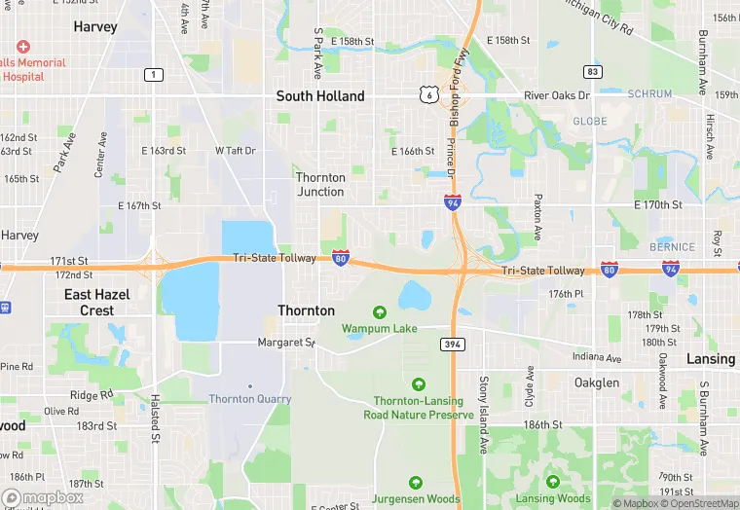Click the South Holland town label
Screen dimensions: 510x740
click(x=320, y=95)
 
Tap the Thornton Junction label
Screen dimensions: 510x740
click(x=320, y=184)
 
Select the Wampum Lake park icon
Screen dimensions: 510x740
click(x=379, y=312)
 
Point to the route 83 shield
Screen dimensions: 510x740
click(x=593, y=72)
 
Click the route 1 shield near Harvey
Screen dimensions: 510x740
click(x=153, y=75)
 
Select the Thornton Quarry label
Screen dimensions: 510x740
click(x=250, y=398)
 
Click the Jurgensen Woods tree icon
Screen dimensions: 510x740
click(x=416, y=483)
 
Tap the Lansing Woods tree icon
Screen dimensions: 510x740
click(x=553, y=483)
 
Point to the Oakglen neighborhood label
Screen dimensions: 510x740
click(x=596, y=382)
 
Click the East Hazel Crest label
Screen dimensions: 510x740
click(x=90, y=302)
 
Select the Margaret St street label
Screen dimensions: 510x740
click(x=286, y=343)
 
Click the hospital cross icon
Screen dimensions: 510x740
click(x=23, y=47)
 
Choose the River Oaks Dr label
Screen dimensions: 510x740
click(x=557, y=95)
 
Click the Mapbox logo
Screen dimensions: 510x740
click(x=42, y=496)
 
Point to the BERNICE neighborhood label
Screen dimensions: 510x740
click(x=673, y=247)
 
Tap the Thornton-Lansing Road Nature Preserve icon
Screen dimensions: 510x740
click(x=419, y=384)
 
